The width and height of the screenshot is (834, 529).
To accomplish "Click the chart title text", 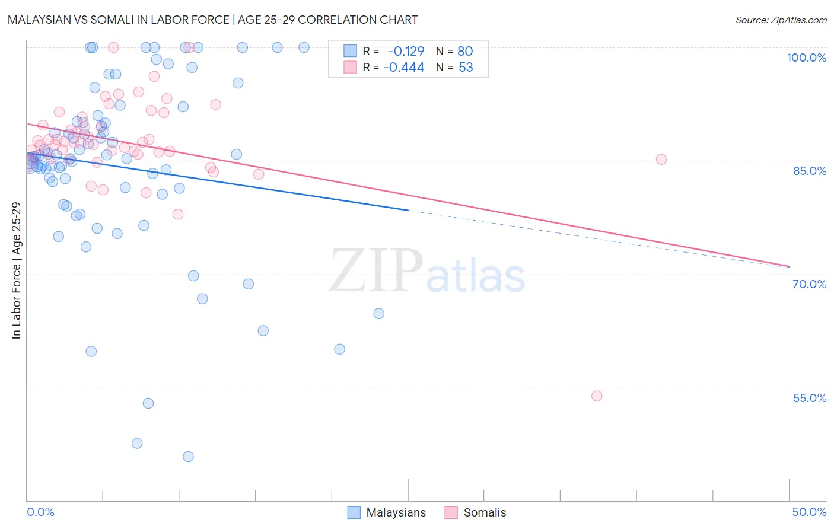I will click(212, 20).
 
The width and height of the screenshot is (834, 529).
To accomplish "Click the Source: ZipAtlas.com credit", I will click(781, 20).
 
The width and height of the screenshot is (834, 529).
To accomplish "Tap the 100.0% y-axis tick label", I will click(806, 58).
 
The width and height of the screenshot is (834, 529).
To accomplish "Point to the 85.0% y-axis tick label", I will click(809, 171).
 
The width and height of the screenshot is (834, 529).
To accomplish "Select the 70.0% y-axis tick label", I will click(809, 284).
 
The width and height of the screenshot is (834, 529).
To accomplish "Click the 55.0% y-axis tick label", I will click(809, 398).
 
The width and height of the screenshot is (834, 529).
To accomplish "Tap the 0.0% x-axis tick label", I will click(40, 512).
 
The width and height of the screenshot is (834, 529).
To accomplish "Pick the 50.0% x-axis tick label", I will click(809, 512).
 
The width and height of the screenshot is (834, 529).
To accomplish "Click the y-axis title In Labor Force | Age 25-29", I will click(16, 270).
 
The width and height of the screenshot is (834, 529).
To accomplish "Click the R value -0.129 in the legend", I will click(406, 52).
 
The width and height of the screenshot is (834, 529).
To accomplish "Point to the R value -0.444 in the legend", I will click(404, 68).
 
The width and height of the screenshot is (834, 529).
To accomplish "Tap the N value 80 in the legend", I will click(465, 52).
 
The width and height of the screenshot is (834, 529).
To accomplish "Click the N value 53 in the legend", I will click(466, 68).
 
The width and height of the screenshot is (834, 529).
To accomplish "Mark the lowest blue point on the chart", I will click(188, 457).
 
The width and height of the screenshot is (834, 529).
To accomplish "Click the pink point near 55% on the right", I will click(597, 396).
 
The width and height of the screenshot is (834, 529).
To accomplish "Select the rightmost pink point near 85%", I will click(661, 160).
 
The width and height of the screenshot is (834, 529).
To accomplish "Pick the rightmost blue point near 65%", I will click(379, 314).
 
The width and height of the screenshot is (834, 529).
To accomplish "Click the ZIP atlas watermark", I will click(427, 272).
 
